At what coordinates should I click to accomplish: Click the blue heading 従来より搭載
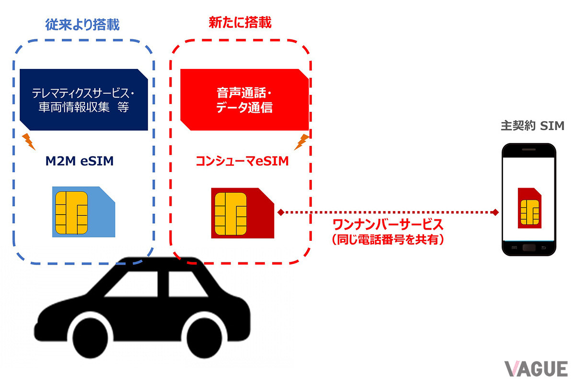point(82,24)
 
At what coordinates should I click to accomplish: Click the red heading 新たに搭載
point(240,23)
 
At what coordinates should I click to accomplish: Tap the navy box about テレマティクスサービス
point(84,100)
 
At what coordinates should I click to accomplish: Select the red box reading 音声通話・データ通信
point(244,100)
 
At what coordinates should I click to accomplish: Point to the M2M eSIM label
point(80,161)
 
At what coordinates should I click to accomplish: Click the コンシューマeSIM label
point(242,161)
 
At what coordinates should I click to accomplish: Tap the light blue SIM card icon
point(84,212)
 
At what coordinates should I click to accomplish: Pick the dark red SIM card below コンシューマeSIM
point(242,213)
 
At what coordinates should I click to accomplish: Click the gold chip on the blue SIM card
point(71,213)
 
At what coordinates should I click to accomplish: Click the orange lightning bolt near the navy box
point(28,142)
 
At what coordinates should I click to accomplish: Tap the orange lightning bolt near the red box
point(301,142)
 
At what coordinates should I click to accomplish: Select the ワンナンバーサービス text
point(388,225)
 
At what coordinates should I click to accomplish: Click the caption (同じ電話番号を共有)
point(388,239)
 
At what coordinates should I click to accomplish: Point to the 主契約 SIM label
point(533,126)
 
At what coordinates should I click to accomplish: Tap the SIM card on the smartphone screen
point(529,208)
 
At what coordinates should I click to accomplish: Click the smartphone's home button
point(529,248)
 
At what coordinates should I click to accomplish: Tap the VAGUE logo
point(536,369)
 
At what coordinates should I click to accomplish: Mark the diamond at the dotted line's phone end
point(495,212)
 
